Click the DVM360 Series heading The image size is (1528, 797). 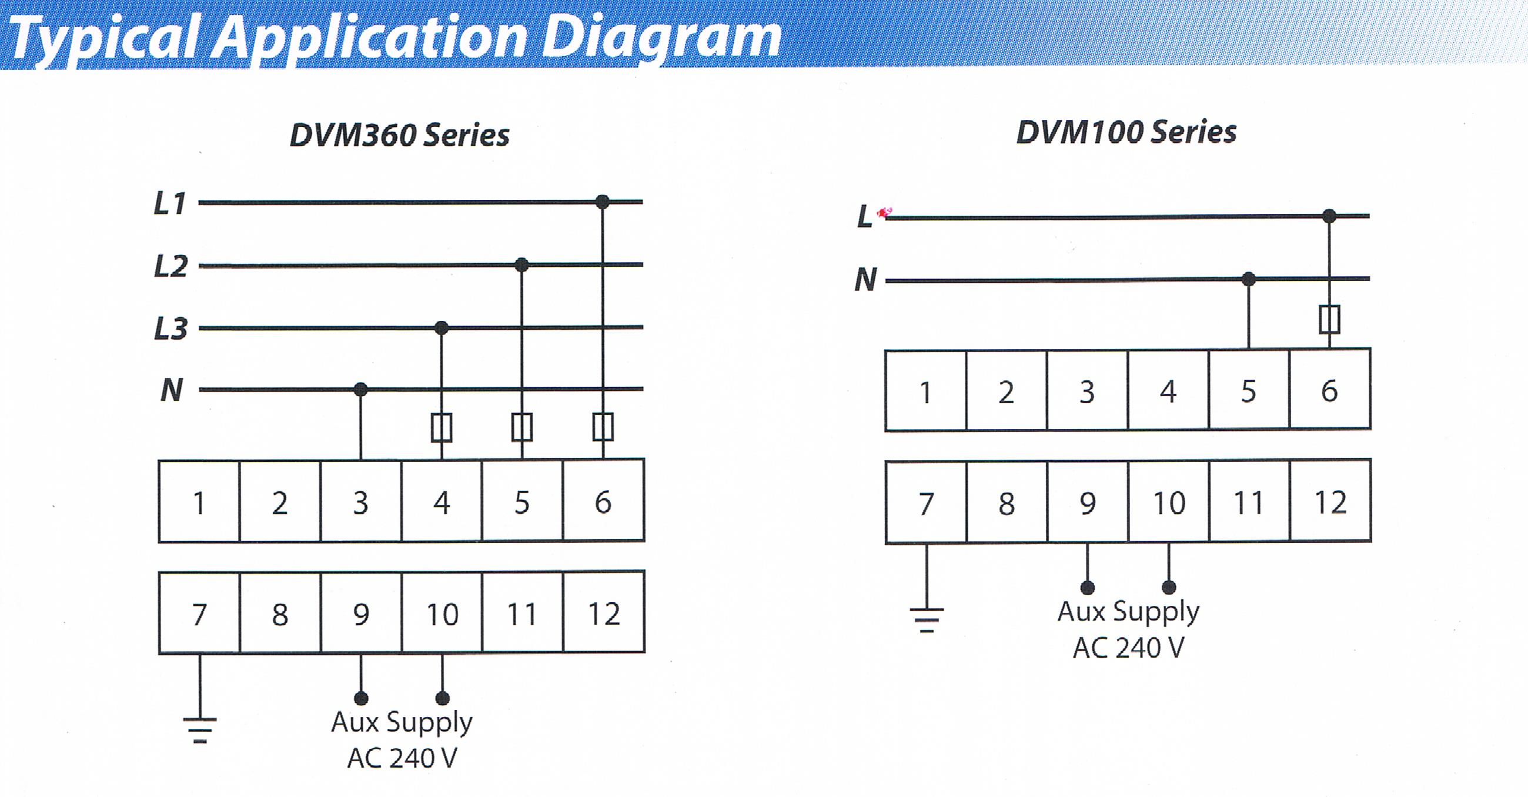tap(399, 135)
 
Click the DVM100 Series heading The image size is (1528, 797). tap(1126, 132)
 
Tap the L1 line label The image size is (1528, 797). tap(170, 203)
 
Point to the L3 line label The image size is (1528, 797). tap(171, 329)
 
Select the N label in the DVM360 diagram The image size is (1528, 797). tap(172, 390)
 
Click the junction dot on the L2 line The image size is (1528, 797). tap(521, 264)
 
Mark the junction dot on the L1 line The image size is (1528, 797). tap(602, 202)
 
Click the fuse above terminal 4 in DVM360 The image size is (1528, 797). tap(442, 427)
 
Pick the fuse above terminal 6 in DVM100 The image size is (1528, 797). tap(1329, 320)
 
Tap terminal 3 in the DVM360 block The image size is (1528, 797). tap(360, 501)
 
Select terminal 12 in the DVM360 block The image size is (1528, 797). tap(603, 612)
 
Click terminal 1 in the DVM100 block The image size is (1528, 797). tap(926, 390)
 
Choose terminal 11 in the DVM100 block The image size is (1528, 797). tap(1249, 502)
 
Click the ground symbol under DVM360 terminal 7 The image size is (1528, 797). tap(200, 730)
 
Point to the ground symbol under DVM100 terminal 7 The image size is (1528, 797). tap(927, 619)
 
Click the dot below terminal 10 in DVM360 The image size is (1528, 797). tap(443, 698)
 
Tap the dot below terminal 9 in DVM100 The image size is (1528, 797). tap(1087, 588)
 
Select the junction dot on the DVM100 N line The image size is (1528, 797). tap(1249, 279)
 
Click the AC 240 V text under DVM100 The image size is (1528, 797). tap(1128, 648)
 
